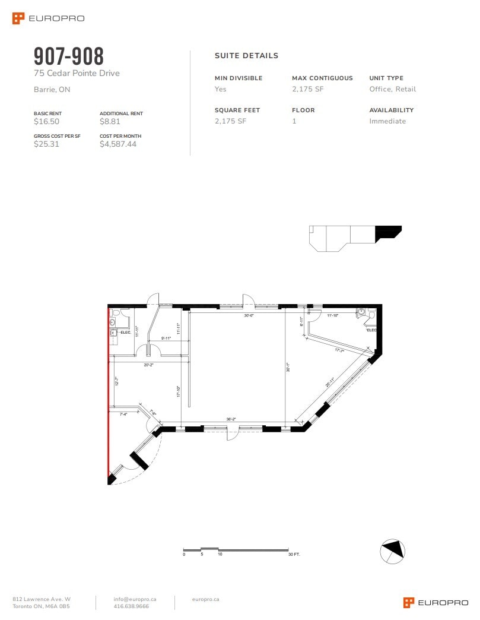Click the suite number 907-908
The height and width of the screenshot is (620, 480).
69,56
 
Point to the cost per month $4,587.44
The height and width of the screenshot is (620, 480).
118,144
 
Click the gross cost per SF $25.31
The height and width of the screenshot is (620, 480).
47,144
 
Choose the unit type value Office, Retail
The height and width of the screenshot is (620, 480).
392,89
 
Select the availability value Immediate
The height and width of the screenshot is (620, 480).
387,121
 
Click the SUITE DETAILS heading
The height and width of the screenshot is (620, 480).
246,56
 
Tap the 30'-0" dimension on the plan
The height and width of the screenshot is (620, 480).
249,316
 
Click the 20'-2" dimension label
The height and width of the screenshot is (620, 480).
148,365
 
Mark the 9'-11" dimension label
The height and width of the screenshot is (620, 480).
166,338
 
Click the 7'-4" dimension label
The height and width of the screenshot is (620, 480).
124,414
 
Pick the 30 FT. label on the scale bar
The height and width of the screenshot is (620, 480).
294,554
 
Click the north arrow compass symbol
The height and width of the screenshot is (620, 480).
392,551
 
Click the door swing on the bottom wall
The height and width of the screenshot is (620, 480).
232,434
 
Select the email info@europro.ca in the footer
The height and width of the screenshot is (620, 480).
135,599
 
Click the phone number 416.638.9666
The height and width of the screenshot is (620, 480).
131,606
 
